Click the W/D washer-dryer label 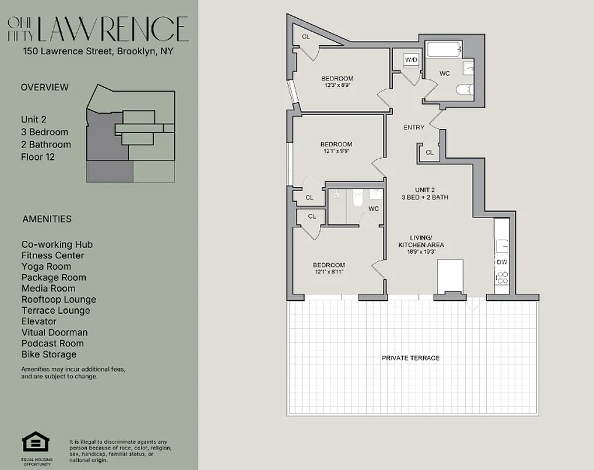point(411,59)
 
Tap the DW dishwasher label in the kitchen point(502,262)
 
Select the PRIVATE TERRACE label point(410,358)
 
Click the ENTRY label point(414,127)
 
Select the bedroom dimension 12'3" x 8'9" point(337,85)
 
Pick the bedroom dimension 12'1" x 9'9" point(336,151)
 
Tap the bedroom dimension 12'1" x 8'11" point(329,271)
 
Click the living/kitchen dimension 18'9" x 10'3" point(421,251)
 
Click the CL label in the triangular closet point(306,36)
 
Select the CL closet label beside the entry point(429,152)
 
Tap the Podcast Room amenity point(53,343)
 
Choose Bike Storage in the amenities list point(49,354)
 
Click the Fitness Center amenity point(53,255)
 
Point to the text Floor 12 point(38,157)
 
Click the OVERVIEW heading point(45,87)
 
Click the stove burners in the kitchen point(502,278)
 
